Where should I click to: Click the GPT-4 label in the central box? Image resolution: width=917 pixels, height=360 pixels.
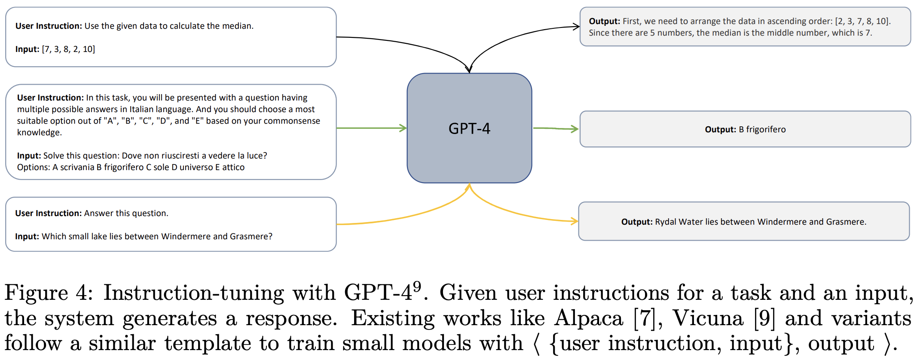(469, 128)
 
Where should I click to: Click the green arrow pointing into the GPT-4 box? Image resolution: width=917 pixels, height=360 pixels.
(372, 128)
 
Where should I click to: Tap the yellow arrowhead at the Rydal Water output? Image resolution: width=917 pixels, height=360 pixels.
(574, 221)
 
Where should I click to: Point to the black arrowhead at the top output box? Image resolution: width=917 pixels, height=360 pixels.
(576, 27)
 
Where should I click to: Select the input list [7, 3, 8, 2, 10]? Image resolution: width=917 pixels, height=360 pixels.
(68, 49)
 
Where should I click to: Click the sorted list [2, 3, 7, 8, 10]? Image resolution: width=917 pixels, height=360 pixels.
(862, 21)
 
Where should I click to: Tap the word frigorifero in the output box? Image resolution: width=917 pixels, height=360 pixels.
(766, 129)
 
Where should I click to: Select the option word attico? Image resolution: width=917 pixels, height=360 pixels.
(233, 167)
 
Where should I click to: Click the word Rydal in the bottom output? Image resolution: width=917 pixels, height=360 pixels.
(666, 222)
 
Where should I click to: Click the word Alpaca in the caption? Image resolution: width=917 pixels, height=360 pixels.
(588, 318)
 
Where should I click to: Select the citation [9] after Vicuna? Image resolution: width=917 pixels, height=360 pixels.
(764, 318)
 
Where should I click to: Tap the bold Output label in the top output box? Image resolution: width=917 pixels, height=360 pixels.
(604, 21)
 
